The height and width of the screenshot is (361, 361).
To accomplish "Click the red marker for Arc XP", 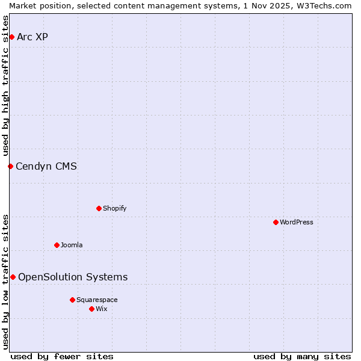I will coord(11,37).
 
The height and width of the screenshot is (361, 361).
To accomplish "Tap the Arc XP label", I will coord(32,37).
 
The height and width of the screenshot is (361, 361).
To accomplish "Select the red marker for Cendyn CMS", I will coord(10,166).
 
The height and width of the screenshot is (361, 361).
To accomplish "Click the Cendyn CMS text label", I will coord(46,167).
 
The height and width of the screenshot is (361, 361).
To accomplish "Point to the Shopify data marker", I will coord(99,208).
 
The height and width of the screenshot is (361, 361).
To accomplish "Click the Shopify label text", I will coord(114,209).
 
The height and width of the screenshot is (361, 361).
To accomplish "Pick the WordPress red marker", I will coord(276,222).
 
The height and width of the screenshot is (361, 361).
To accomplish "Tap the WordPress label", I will coord(296,223).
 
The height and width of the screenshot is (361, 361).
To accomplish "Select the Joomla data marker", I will coord(57,245).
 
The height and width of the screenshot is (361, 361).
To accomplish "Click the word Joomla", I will coord(72,245).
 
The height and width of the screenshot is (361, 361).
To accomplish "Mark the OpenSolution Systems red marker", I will coord(13,277).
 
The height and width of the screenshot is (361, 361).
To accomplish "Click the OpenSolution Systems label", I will coord(73,277).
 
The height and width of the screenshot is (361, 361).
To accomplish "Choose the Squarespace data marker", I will coord(72,300).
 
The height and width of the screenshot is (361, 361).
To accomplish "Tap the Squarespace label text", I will coord(97,300).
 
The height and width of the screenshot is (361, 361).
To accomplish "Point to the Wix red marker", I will coord(91,309).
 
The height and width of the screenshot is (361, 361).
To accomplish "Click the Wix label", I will coord(102,309).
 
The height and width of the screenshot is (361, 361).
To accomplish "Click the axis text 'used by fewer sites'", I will coord(62,356).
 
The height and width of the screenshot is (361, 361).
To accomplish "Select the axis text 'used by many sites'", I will coord(302,356).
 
